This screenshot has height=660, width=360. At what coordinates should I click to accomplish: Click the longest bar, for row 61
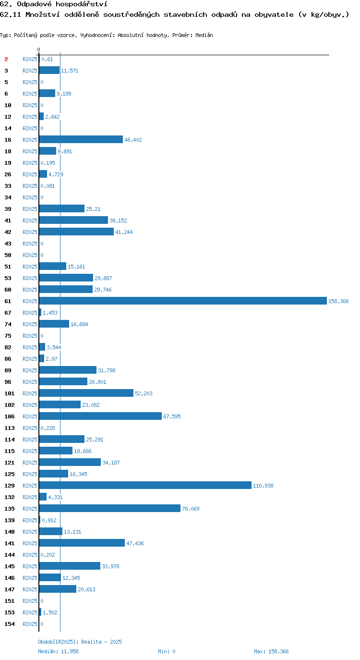pos(183,301)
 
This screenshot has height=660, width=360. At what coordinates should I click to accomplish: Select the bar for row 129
pos(145,485)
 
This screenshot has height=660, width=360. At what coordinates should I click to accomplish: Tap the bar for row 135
pos(110,508)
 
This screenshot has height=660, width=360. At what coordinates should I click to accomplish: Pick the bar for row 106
pos(100,416)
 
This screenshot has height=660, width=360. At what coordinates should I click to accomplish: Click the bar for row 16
pos(81,139)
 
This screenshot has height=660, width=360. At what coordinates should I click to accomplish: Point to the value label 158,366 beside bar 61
pos(338,301)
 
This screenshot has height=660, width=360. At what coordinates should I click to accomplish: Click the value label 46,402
pos(133,140)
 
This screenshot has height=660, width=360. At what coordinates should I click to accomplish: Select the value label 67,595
pos(172,416)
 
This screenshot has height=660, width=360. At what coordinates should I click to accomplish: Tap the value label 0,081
pos(48,186)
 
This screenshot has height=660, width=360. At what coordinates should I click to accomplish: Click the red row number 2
pos(6,59)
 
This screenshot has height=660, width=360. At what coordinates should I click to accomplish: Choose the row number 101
pos(10,393)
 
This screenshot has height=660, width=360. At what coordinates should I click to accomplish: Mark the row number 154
pos(10,624)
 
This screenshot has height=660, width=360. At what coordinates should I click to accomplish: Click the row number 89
pos(8,370)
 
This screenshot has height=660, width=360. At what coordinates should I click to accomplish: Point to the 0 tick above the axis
pos(38,49)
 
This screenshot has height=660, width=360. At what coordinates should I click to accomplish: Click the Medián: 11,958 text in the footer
pos(58,651)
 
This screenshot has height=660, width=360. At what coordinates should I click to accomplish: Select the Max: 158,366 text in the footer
pos(271,651)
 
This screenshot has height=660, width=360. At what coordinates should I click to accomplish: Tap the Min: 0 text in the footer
pos(167,651)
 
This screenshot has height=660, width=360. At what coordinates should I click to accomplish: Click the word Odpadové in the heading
pos(34,4)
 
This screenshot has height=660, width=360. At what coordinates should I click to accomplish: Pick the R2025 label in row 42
pos(30,232)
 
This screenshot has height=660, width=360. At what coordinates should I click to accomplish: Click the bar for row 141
pos(82,543)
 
